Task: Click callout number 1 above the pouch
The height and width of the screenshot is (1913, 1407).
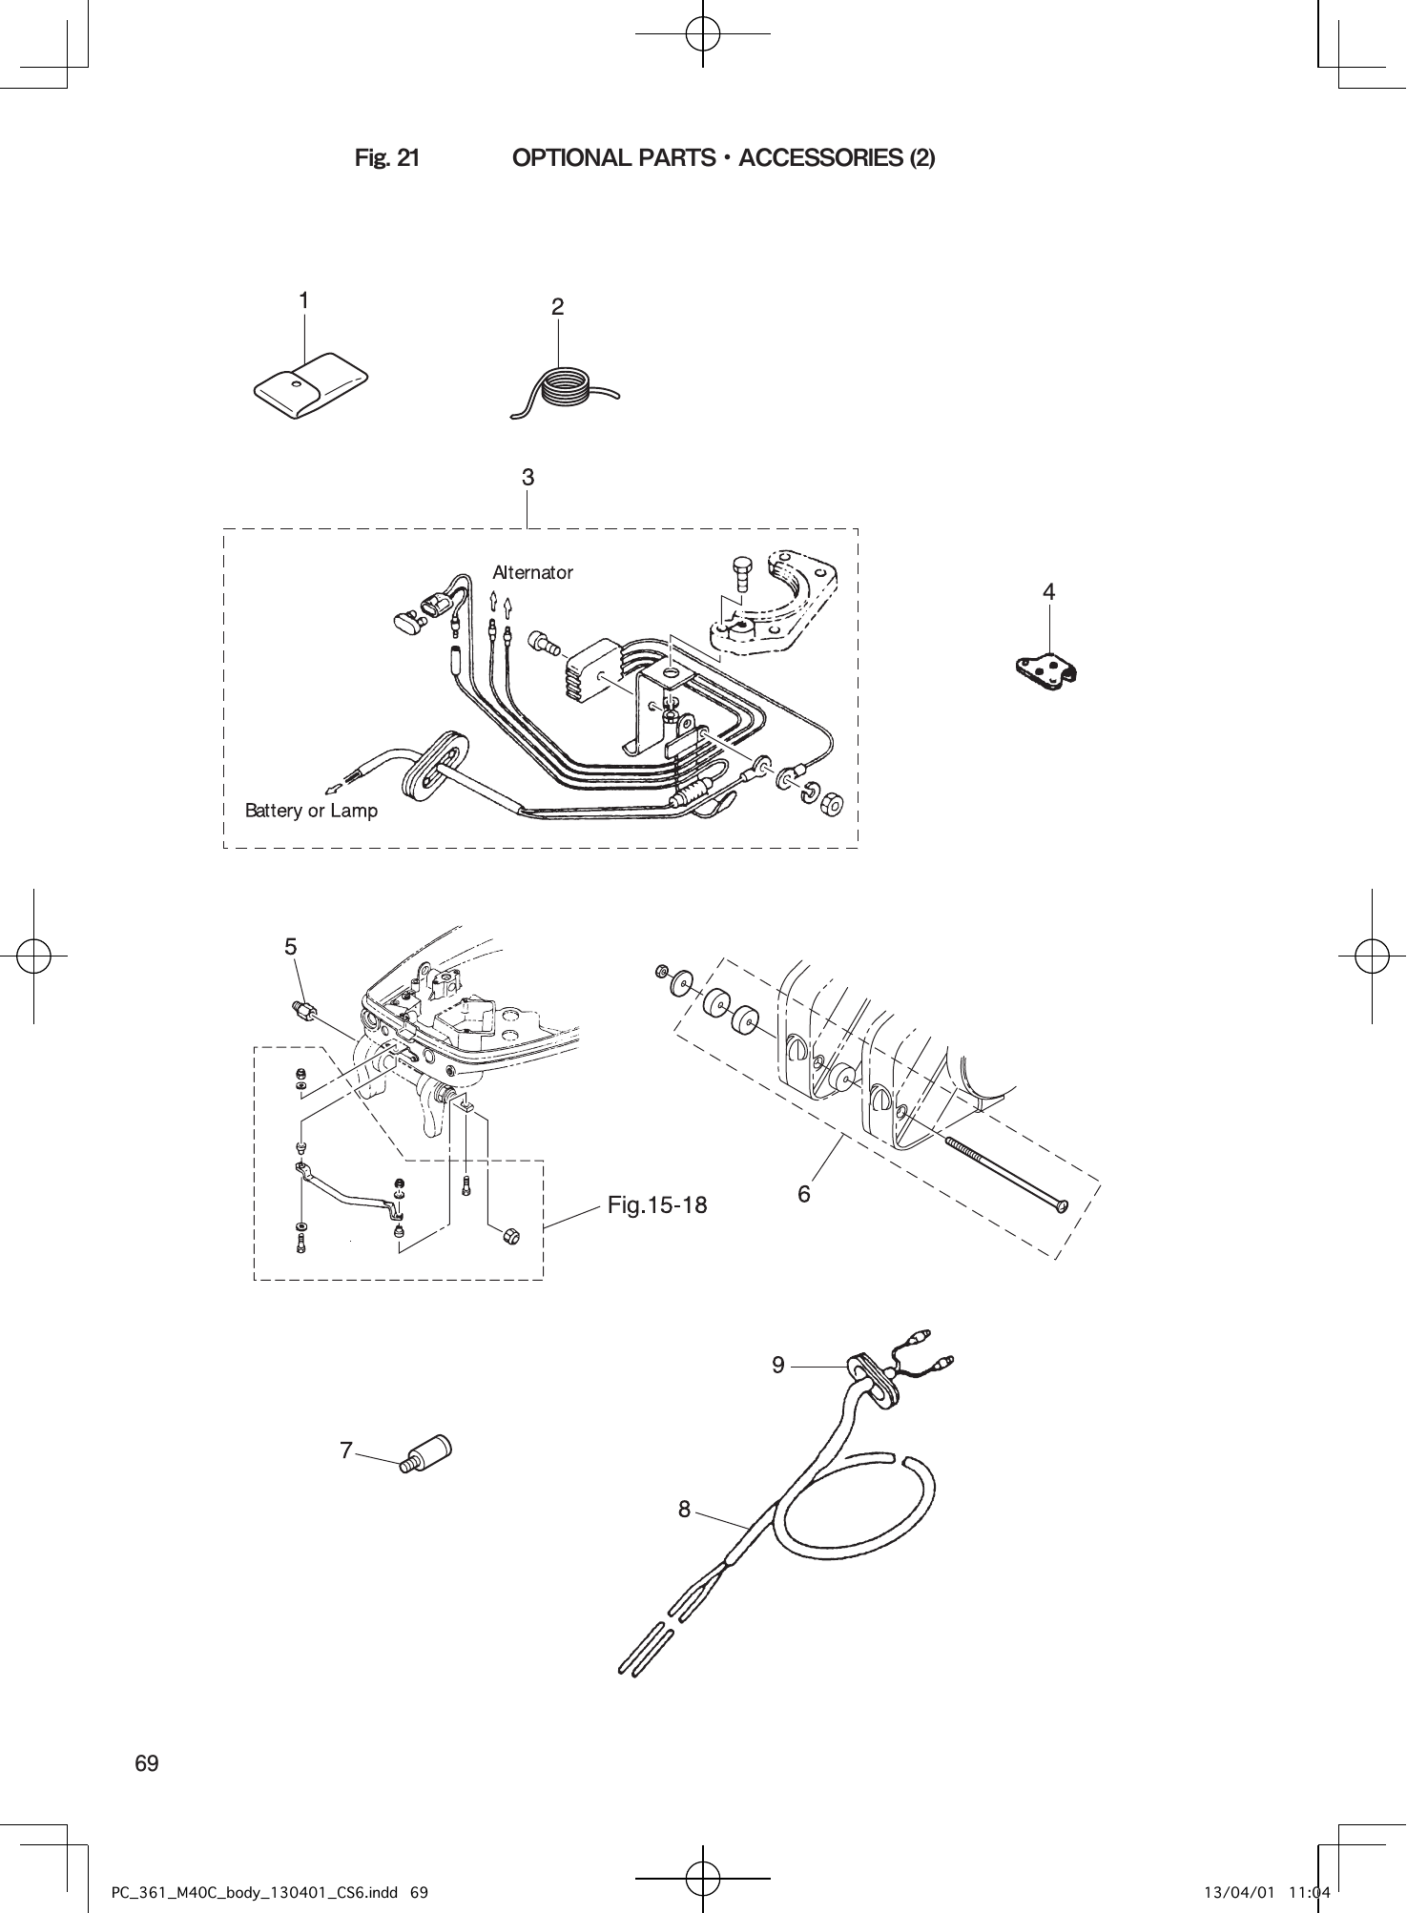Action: (303, 300)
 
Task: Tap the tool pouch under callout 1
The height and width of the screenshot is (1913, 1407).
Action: (310, 385)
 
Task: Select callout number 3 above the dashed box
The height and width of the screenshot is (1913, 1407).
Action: (528, 477)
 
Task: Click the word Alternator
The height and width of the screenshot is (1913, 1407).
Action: (532, 572)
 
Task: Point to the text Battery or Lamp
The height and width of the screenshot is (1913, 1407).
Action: (311, 811)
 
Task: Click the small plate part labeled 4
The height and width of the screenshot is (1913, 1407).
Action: (1046, 671)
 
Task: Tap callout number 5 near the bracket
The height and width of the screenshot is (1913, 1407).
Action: (291, 947)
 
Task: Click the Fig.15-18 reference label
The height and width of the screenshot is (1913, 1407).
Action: (657, 1205)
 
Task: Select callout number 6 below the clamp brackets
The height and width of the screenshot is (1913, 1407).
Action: (804, 1193)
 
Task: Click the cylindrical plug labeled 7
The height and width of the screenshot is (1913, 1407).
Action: (427, 1454)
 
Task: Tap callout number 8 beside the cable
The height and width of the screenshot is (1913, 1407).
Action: (684, 1509)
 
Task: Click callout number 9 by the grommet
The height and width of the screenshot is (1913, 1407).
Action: (778, 1366)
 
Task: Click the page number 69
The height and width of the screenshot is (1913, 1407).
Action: (147, 1763)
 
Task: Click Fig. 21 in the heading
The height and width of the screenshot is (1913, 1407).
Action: (386, 158)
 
